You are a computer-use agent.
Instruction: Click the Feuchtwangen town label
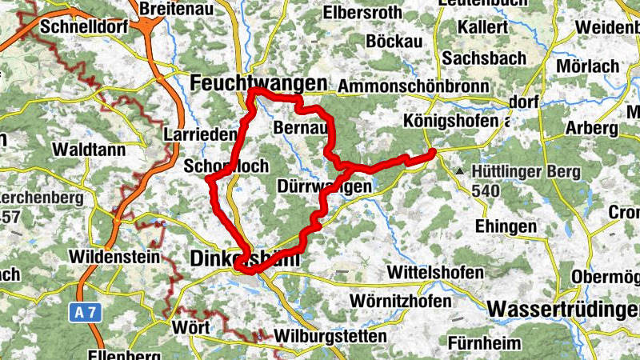(x=260, y=83)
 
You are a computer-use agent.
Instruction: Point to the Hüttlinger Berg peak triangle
(x=460, y=172)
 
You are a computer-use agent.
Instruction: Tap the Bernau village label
(x=300, y=128)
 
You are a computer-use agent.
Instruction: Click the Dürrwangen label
(x=324, y=187)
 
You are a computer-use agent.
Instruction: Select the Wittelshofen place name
(x=436, y=272)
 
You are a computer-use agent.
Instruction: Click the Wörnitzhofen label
(x=401, y=302)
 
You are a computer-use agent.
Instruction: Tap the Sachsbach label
(x=484, y=58)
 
